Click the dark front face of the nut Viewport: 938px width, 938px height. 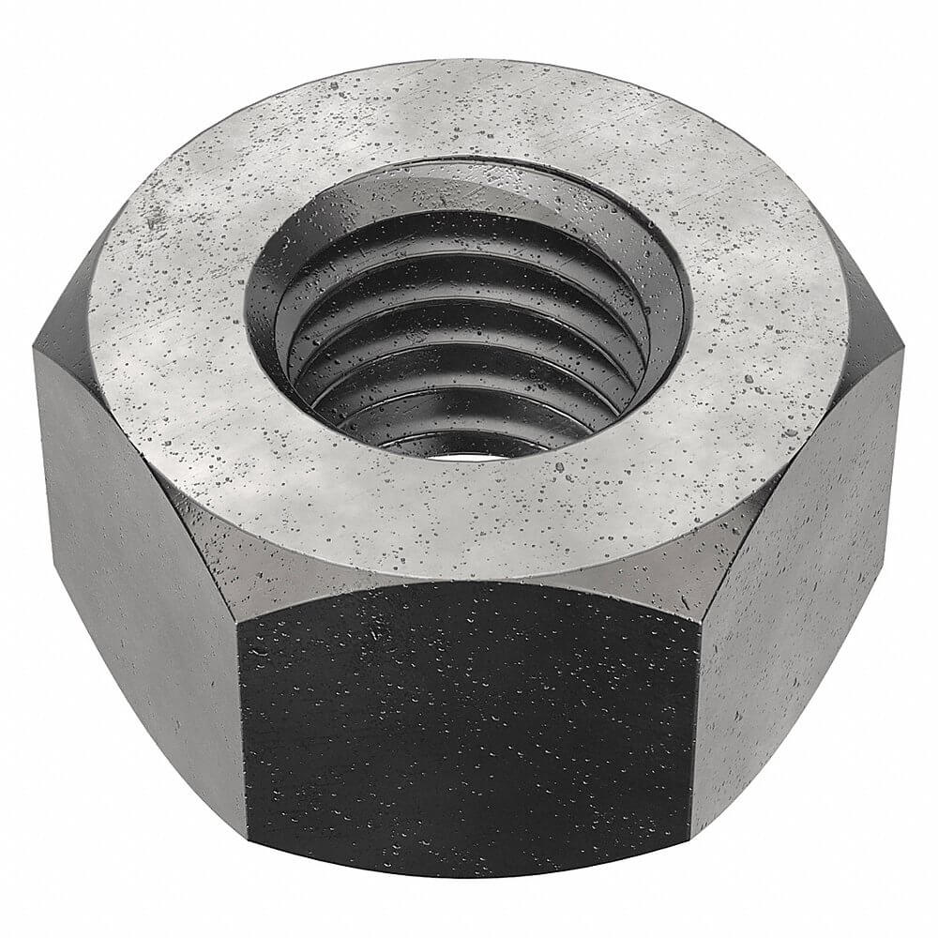(469, 732)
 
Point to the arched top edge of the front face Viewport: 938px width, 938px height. (469, 584)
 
